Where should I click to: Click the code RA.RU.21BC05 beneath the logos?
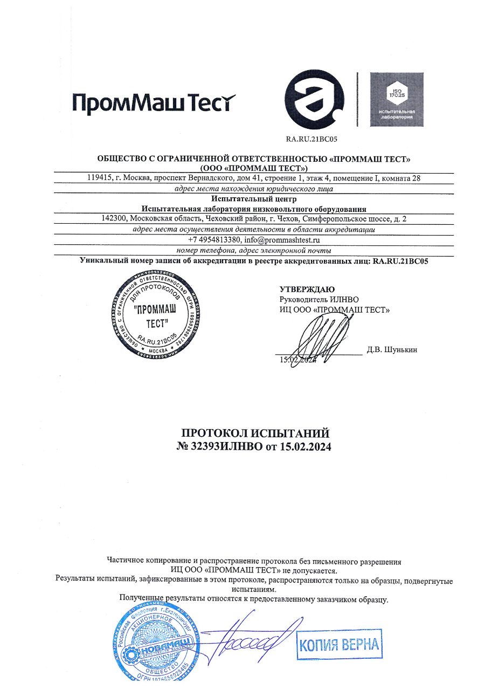click(311, 139)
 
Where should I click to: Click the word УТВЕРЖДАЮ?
click(307, 289)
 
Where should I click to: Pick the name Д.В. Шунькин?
click(392, 349)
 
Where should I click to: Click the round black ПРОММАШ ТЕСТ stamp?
click(153, 315)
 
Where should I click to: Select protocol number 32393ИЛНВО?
click(225, 447)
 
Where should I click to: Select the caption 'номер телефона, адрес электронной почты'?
click(254, 251)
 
